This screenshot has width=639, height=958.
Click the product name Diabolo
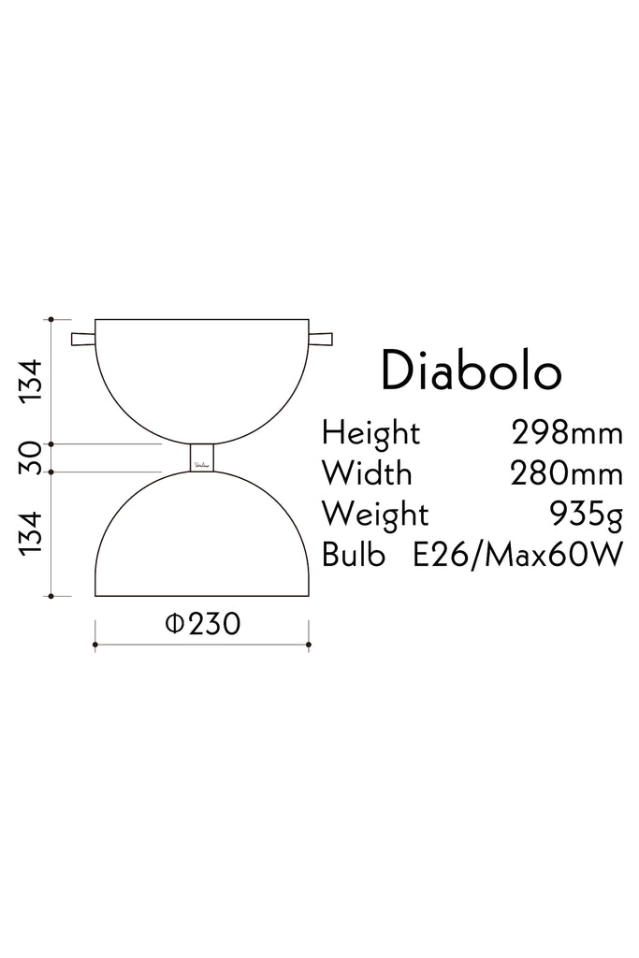(471, 370)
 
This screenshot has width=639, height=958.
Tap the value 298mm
(567, 432)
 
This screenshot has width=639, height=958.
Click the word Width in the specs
(367, 472)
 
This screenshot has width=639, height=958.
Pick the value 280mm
(567, 473)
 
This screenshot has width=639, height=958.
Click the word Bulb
(353, 554)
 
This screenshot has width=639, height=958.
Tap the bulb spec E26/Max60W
(517, 555)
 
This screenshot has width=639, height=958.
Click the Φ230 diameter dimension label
(203, 623)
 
